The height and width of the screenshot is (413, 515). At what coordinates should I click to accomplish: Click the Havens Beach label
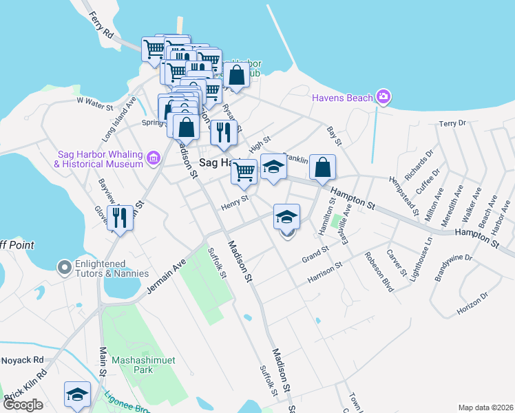[342, 98]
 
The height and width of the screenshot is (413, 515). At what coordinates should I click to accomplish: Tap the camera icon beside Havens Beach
[384, 97]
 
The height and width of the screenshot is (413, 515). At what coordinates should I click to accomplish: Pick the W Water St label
[94, 101]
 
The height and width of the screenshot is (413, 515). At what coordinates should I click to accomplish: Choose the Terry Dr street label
[452, 124]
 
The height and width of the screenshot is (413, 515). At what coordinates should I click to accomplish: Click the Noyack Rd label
[21, 360]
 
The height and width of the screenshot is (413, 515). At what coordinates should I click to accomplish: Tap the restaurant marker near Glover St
[120, 218]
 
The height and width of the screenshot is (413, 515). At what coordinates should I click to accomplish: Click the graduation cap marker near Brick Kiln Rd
[77, 394]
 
